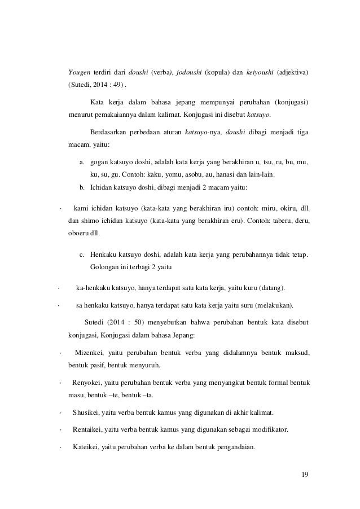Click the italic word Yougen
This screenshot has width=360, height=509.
point(79,73)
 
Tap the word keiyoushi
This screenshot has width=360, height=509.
point(263,73)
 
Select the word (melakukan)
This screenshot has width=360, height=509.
point(273,306)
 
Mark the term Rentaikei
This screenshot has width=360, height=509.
point(89,430)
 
